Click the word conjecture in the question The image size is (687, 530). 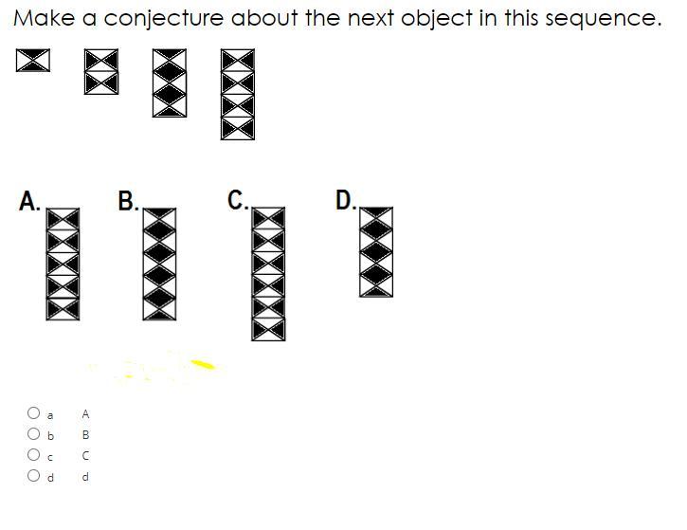tap(163, 19)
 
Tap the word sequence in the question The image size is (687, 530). tap(604, 19)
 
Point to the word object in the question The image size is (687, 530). tap(437, 19)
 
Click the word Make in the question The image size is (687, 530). tap(45, 18)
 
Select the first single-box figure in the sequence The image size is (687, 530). tap(33, 60)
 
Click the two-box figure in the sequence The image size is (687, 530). tap(101, 71)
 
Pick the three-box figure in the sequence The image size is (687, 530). tap(170, 82)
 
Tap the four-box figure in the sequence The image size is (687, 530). tap(238, 94)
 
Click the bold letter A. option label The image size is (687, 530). tap(29, 201)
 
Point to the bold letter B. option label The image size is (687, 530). tap(128, 201)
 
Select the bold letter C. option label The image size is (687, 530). tap(238, 200)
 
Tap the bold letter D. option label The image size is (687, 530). tap(346, 200)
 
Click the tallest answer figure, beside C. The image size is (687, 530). tap(268, 274)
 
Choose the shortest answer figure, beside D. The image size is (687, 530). tap(376, 252)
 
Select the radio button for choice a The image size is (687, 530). tap(33, 413)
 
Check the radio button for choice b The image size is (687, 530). tap(33, 434)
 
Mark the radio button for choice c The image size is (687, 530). tap(33, 454)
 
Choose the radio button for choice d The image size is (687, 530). tap(33, 476)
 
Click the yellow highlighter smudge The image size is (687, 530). tap(203, 364)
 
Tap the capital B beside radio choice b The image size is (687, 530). tap(86, 435)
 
